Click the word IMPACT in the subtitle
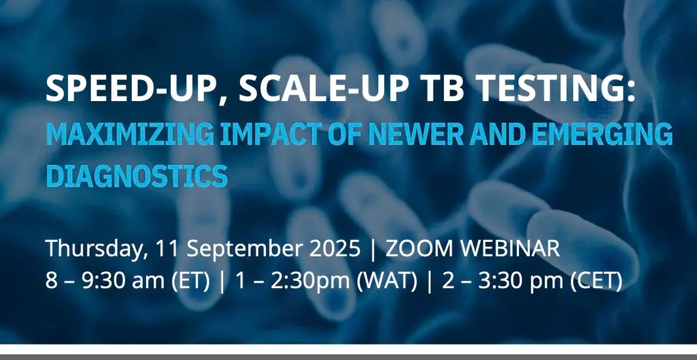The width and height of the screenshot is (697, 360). pos(270,134)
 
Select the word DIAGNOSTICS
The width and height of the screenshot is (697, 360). pos(136,175)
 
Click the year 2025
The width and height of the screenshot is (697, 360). pos(334,248)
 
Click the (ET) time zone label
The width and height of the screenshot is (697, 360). pos(190,281)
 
